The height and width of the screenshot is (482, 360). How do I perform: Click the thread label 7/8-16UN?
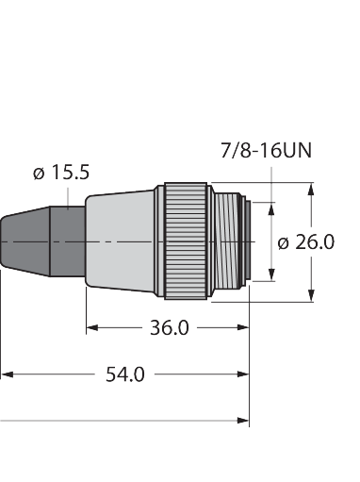266,150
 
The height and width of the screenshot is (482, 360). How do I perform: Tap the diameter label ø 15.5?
61,173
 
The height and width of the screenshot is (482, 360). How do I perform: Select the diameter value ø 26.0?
306,242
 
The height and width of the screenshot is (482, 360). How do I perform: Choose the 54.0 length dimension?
125,374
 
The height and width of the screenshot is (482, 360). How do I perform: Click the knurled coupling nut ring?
186,241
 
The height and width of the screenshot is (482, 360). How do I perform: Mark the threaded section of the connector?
225,241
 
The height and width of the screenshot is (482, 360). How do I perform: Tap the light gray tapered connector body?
121,241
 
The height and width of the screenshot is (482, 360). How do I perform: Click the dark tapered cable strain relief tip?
25,241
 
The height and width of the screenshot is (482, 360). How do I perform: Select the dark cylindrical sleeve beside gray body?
68,241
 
